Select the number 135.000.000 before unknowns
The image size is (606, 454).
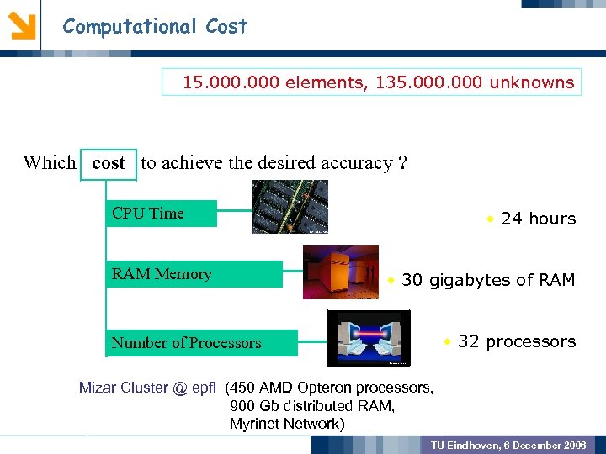pyautogui.click(x=424, y=82)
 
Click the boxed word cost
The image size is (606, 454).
pyautogui.click(x=109, y=162)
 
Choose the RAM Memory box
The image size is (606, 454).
pyautogui.click(x=194, y=274)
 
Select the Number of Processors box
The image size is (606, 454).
pyautogui.click(x=202, y=343)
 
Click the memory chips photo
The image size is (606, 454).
pyautogui.click(x=290, y=206)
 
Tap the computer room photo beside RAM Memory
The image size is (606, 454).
pyautogui.click(x=341, y=272)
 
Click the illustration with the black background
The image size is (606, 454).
pyautogui.click(x=369, y=338)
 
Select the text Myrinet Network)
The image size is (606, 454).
pyautogui.click(x=287, y=424)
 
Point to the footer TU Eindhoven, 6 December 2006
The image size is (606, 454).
pyautogui.click(x=508, y=444)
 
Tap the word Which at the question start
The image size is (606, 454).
pyautogui.click(x=49, y=162)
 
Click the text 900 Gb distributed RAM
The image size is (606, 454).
pyautogui.click(x=311, y=406)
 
